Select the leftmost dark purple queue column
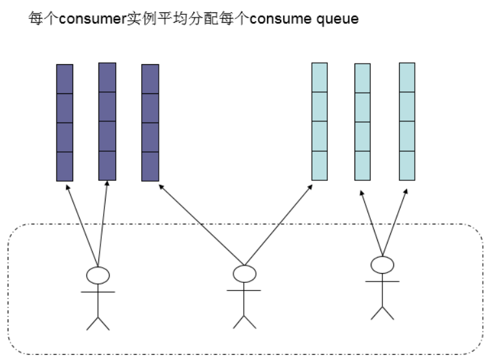(x=65, y=123)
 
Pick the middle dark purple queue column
(x=107, y=121)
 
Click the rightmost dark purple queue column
(x=150, y=123)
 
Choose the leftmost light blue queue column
(x=320, y=121)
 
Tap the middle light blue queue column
(x=362, y=122)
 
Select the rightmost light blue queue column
(x=406, y=121)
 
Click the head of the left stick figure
(x=98, y=275)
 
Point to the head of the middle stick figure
(x=244, y=274)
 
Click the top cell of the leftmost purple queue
(x=65, y=79)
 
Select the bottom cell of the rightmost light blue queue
(x=406, y=165)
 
